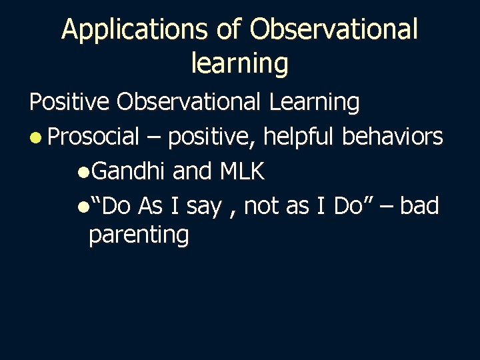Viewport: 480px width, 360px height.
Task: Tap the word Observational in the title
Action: point(335,29)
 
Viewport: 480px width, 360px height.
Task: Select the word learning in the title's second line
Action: point(239,63)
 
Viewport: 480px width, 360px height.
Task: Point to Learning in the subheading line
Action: point(314,102)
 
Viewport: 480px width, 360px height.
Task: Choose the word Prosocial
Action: point(93,137)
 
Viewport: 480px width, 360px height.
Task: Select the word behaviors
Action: point(392,137)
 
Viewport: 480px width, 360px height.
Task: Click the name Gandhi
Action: point(128,171)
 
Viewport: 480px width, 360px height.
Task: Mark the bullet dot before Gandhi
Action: point(81,173)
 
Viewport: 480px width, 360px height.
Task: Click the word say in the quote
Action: point(203,207)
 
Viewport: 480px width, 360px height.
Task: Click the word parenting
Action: point(139,235)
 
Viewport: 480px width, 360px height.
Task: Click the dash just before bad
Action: point(387,207)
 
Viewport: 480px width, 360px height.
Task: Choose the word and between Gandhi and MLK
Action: point(192,171)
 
